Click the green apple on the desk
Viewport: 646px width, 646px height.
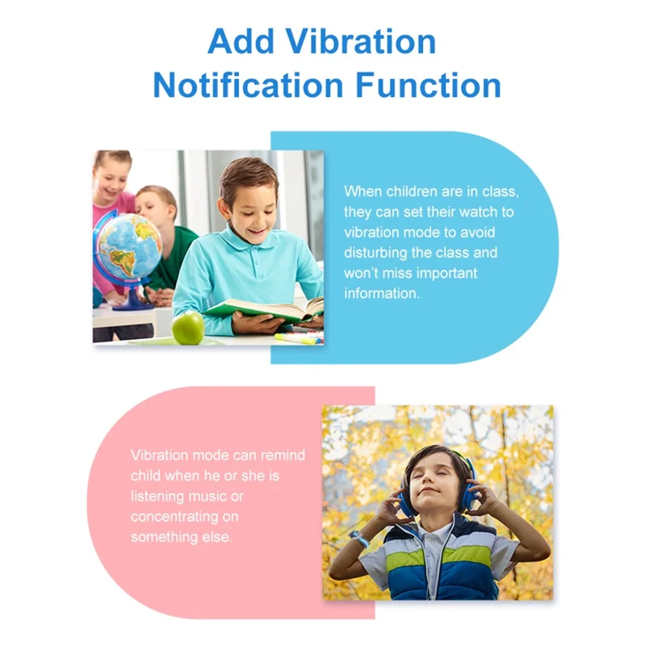188,327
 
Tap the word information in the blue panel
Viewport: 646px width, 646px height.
382,293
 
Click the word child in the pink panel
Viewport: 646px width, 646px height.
146,476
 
